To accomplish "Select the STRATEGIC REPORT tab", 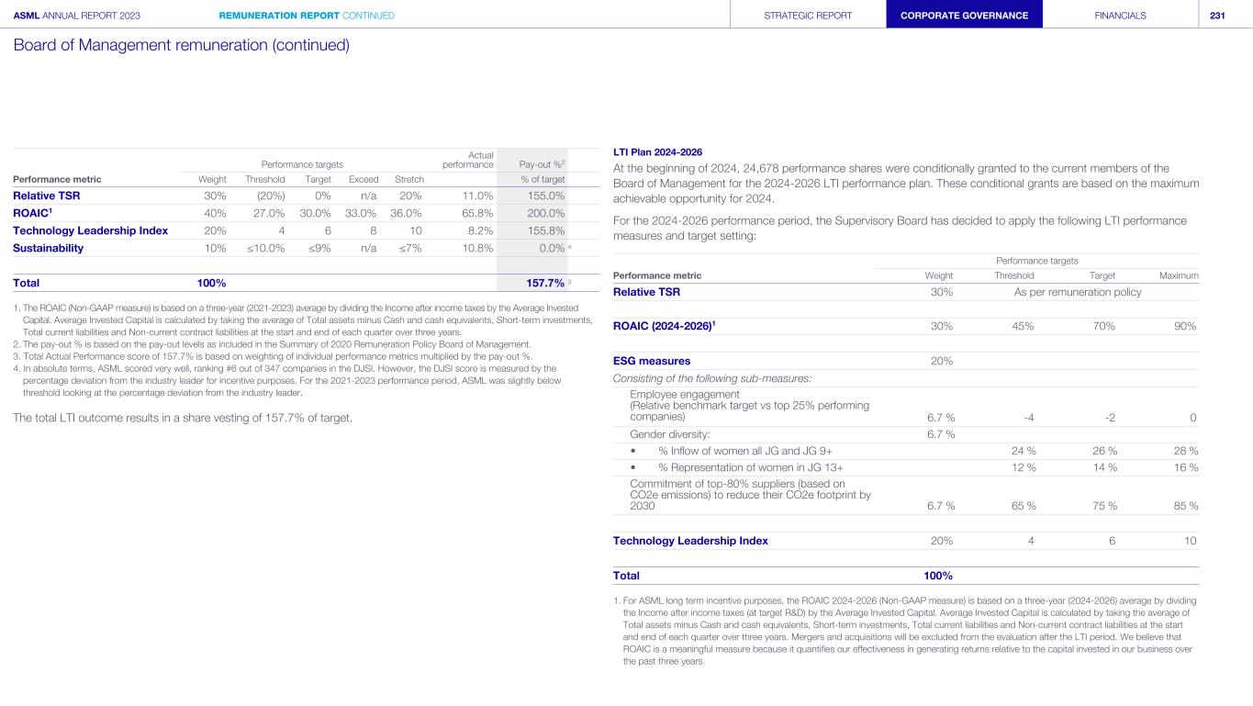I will point(808,16).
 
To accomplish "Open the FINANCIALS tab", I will point(1120,16).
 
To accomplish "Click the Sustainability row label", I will point(48,248).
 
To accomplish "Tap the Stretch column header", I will point(408,179).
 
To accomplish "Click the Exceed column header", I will point(364,179).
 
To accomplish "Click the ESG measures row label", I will point(652,361).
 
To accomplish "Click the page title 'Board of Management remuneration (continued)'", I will point(182,44).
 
